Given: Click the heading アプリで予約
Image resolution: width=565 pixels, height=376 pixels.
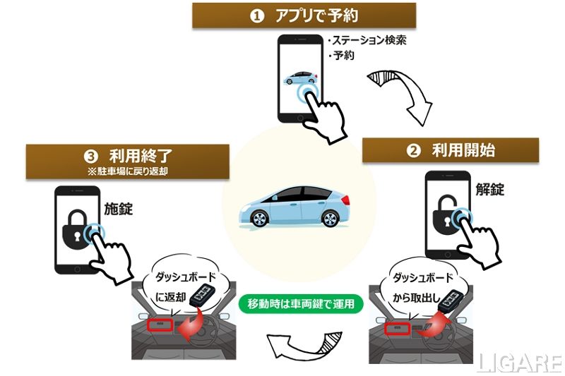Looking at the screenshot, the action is click(316, 16).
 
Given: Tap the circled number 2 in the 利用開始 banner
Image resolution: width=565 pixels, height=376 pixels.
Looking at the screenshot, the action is click(413, 150).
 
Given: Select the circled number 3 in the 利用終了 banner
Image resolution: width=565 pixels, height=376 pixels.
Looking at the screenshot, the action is click(91, 157).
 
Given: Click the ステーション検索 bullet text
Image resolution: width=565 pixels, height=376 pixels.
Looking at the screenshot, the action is click(368, 40).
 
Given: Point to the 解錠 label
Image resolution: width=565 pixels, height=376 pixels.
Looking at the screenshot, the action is click(489, 190).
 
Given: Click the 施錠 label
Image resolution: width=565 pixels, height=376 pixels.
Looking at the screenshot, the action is click(119, 209).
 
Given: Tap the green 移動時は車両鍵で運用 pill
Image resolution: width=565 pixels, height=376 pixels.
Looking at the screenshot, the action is click(301, 304).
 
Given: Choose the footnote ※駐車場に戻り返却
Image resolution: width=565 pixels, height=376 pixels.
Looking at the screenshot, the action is click(128, 171).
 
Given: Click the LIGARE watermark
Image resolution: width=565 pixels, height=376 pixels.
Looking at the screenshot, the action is click(520, 363).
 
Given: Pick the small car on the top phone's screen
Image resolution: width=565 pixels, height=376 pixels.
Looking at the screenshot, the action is click(301, 78).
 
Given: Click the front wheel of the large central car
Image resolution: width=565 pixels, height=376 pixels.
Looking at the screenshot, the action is click(259, 219).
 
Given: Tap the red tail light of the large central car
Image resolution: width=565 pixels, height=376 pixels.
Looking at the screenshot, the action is click(345, 200).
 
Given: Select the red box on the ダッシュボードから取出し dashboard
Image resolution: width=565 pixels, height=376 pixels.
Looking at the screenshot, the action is click(397, 329).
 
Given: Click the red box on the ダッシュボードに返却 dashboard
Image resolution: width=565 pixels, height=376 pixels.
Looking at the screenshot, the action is click(160, 325).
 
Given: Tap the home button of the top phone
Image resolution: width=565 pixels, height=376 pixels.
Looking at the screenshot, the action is click(300, 117).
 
